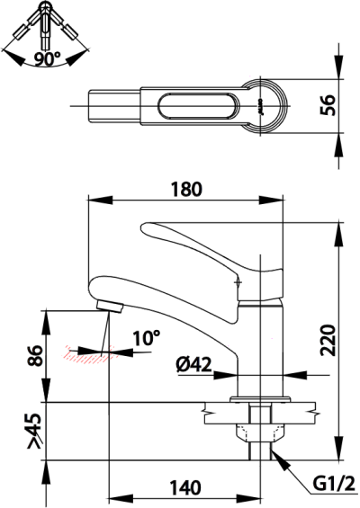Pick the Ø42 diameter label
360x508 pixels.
click(193, 364)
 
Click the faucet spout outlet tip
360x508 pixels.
click(107, 306)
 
